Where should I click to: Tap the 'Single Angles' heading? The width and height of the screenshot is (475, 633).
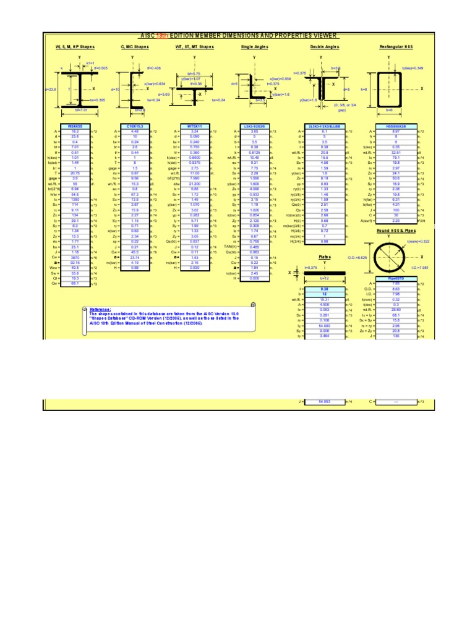pos(255,47)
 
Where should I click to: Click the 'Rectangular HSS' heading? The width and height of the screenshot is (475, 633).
pos(388,47)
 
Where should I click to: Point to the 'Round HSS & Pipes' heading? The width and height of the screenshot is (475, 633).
pos(388,230)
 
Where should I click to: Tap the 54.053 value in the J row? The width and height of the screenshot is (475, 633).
pos(324,401)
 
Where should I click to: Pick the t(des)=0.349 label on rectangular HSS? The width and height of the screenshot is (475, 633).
pos(413,68)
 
